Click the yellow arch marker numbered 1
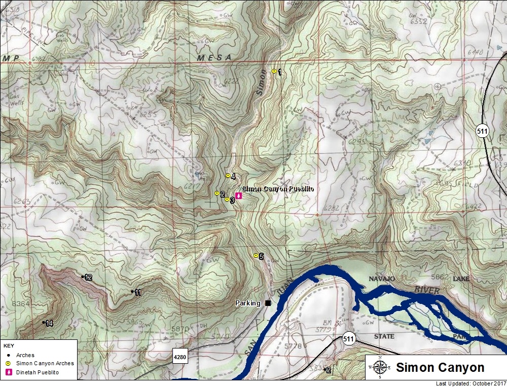(274, 71)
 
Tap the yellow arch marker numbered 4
(228, 176)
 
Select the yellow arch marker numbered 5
(256, 255)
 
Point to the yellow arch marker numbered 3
(227, 199)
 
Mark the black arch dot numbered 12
(83, 277)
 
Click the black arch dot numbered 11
(132, 292)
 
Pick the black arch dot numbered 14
(43, 322)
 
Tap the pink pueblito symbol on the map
(239, 196)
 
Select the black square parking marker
(268, 303)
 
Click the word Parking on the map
(247, 303)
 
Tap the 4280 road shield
(180, 357)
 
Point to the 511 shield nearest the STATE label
(349, 339)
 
